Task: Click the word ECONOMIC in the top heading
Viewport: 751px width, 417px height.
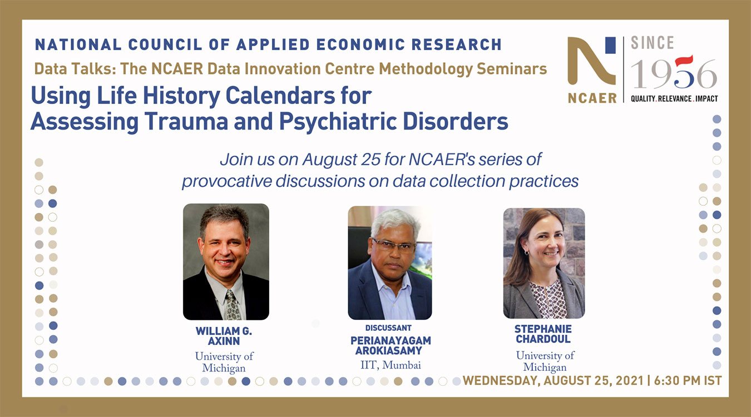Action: tap(360, 44)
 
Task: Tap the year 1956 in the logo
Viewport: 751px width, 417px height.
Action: tap(673, 72)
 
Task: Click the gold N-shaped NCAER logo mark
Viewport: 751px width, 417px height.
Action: tap(591, 61)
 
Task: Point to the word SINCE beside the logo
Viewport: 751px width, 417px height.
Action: tap(652, 43)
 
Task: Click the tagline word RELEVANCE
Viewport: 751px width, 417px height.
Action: tap(675, 98)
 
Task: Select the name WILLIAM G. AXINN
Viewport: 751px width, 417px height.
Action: tap(224, 336)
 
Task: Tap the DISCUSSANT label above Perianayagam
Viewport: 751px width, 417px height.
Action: tap(388, 328)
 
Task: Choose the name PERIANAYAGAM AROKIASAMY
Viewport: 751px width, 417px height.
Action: tap(391, 346)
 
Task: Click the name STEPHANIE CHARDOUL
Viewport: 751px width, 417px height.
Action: tap(543, 334)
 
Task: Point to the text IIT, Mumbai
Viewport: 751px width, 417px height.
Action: tap(391, 365)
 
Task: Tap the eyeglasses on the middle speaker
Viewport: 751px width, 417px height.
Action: tap(393, 246)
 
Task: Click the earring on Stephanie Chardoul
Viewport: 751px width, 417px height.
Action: tap(527, 252)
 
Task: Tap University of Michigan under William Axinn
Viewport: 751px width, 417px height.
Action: tap(224, 362)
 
